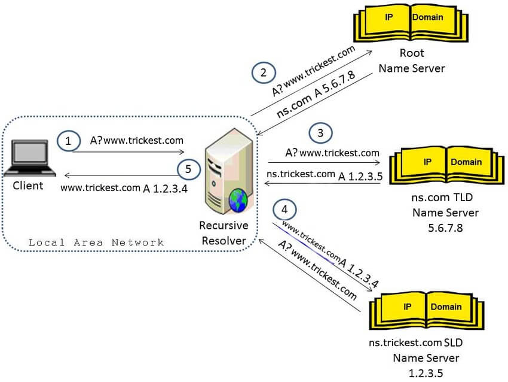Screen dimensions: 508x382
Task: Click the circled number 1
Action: (x=68, y=141)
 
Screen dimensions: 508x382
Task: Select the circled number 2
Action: (x=264, y=72)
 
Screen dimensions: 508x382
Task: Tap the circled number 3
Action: (x=320, y=133)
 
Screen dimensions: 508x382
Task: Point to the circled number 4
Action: (x=284, y=210)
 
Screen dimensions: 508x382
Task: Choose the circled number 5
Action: (x=188, y=169)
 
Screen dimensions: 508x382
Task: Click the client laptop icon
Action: (x=29, y=158)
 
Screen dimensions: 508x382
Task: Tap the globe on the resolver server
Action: (x=238, y=200)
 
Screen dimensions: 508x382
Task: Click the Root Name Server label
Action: (x=412, y=60)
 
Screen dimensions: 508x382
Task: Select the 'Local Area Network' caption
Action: (x=96, y=242)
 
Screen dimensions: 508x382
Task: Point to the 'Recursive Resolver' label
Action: (x=224, y=233)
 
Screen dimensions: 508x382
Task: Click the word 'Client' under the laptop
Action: (x=28, y=186)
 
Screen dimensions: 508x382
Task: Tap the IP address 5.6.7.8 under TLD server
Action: (x=445, y=228)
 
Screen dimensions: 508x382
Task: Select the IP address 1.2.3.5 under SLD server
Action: (x=426, y=373)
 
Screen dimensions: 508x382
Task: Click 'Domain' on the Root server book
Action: (x=428, y=17)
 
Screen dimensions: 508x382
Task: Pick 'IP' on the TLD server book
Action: (x=427, y=162)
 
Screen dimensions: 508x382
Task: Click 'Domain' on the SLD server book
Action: (x=446, y=307)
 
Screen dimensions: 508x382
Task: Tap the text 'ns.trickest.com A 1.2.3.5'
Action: (x=325, y=175)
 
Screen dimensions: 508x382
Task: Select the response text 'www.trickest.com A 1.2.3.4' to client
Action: (x=124, y=188)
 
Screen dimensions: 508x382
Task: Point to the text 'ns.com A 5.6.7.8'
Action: (x=316, y=94)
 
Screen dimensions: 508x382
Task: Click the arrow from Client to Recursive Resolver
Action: (x=128, y=151)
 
